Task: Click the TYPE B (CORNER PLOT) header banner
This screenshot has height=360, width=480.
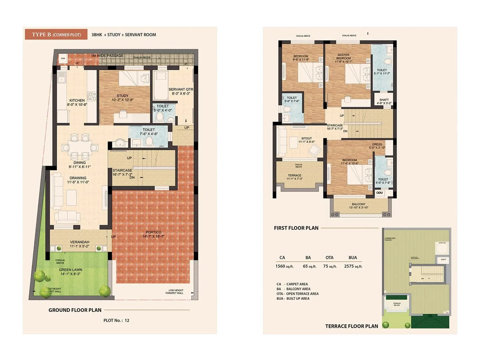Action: tap(56, 34)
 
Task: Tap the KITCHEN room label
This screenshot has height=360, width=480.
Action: tap(77, 100)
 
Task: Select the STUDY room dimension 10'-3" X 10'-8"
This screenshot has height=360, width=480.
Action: tap(122, 100)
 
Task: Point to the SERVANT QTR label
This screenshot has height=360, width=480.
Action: tap(181, 89)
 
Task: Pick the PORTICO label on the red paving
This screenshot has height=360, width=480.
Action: tap(153, 232)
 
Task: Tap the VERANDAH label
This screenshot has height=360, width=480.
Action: tap(79, 242)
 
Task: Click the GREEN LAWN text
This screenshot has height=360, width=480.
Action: tap(70, 270)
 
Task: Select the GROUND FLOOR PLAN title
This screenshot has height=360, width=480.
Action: tap(75, 310)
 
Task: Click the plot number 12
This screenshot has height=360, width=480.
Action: tap(127, 320)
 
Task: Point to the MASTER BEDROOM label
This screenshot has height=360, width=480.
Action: tap(343, 57)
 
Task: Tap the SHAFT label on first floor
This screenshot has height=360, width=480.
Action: tap(384, 100)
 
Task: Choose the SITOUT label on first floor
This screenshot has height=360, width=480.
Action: tap(307, 138)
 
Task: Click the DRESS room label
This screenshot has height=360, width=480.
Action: tap(377, 144)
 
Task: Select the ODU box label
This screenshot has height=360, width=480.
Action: tap(379, 193)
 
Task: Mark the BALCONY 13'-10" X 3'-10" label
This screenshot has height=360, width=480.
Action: tap(358, 206)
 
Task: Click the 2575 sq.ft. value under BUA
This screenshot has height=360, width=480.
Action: tap(353, 266)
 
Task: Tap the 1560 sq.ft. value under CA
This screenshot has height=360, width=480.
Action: tap(284, 266)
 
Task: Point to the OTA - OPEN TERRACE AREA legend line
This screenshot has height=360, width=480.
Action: tap(298, 294)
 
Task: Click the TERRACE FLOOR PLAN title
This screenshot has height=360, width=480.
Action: tap(352, 326)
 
